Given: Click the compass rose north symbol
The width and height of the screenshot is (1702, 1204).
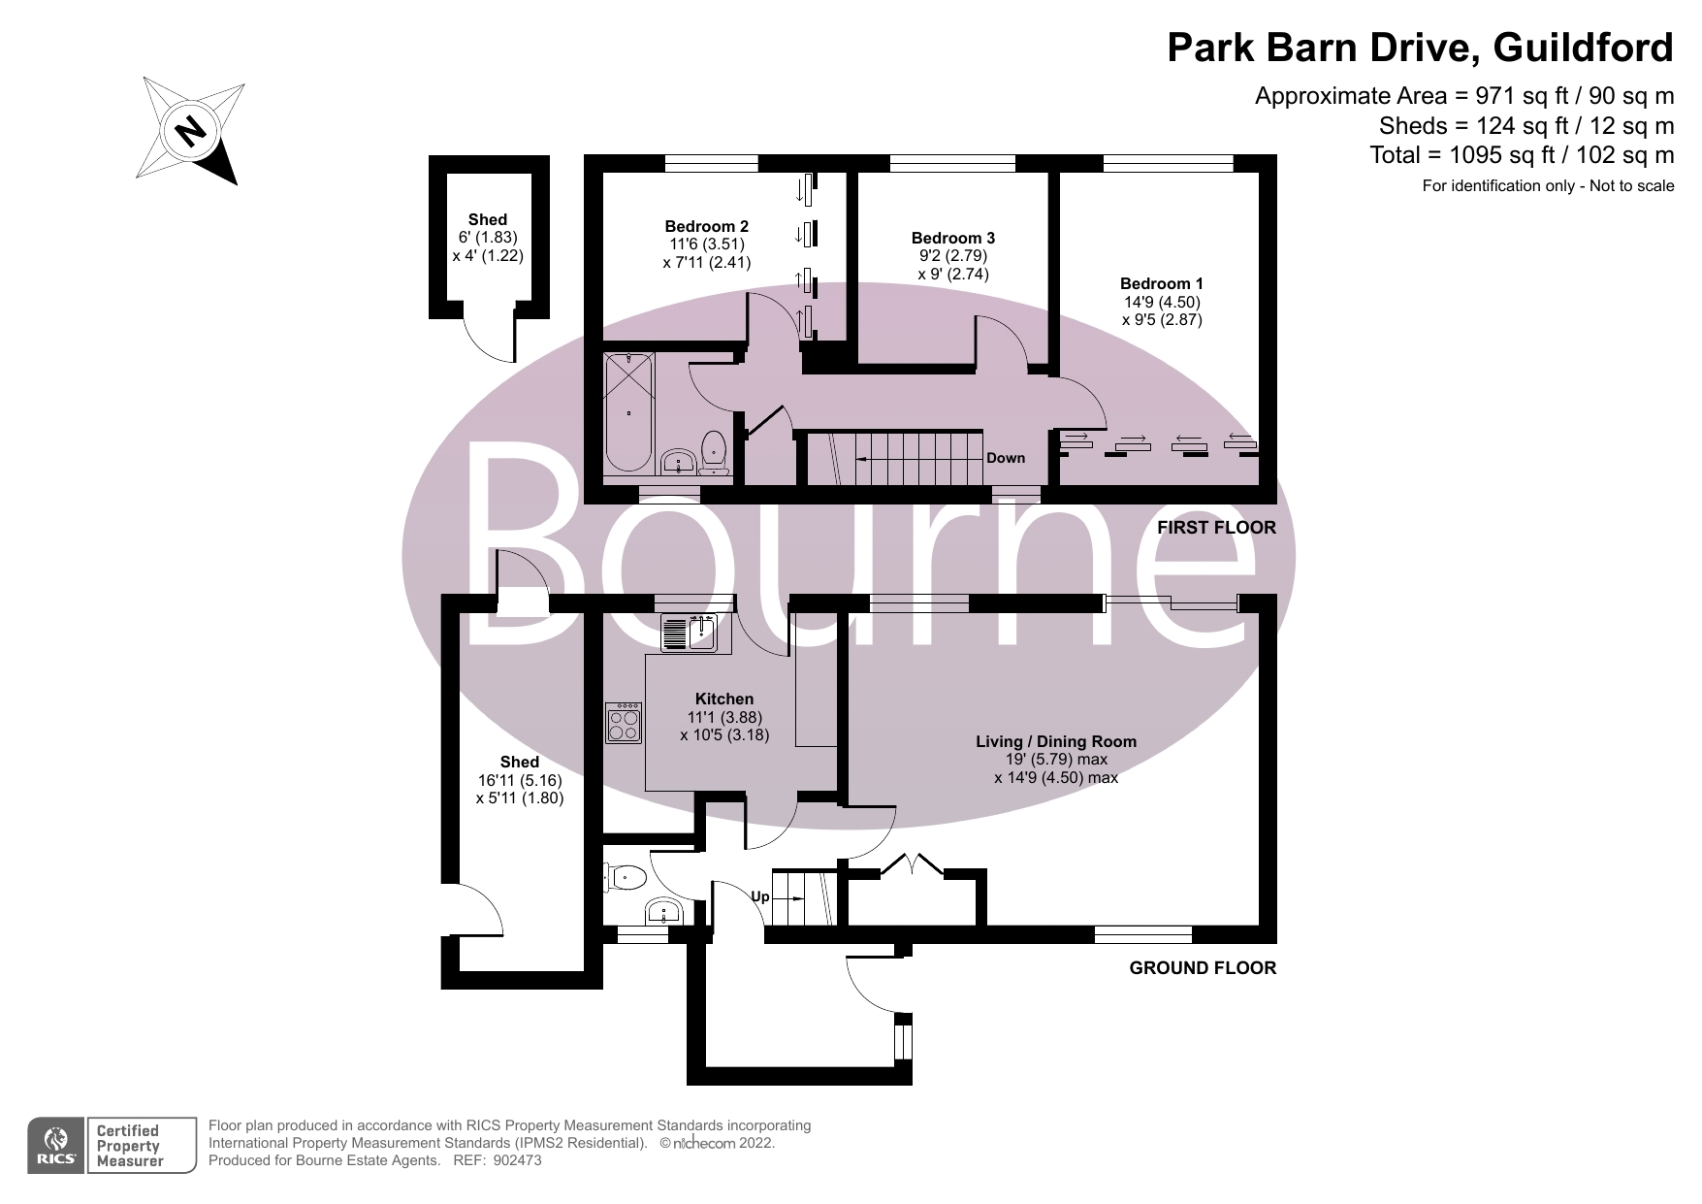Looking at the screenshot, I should coord(190,130).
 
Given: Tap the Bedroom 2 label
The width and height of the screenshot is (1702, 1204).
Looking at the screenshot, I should coord(706,226).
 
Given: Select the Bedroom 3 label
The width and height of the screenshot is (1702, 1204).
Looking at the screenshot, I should coord(952,238).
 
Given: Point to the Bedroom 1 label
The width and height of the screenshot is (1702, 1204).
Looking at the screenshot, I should coord(1161,283).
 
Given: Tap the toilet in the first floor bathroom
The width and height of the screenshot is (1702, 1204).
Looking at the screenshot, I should coord(715,451).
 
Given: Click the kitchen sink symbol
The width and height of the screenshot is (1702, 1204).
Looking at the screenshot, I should coord(688,634).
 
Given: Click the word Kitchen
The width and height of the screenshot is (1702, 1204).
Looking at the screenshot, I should coord(723,699).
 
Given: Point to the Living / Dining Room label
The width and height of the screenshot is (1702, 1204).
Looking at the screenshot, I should coord(1055,741).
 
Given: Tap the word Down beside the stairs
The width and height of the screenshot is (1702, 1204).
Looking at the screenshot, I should coord(1005,458).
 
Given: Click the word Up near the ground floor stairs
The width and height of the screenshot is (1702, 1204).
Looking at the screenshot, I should coord(760,896).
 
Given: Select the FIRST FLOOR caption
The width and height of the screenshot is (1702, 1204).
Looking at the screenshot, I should coord(1216,528).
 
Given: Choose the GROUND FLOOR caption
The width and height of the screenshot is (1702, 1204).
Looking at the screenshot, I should coord(1203,967).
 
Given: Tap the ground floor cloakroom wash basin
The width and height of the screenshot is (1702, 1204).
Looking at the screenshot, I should coord(665,912).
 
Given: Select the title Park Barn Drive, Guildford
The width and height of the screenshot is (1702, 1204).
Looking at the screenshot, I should coord(1420,47).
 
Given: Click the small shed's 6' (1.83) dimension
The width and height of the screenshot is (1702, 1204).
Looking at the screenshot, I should coord(487,238).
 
